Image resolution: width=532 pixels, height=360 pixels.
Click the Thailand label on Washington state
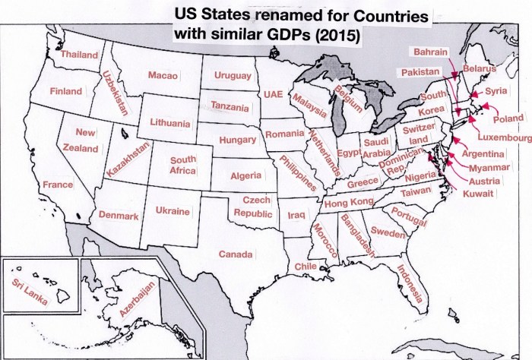coord(79,55)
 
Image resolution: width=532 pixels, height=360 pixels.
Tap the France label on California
coord(58,185)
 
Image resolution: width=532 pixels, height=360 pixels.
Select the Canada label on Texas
coord(235,254)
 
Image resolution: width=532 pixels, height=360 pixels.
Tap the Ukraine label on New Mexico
coord(172,212)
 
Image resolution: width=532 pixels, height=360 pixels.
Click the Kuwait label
coord(480,194)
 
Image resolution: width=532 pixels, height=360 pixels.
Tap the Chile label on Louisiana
coord(305,267)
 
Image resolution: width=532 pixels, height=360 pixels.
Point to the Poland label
coord(508,119)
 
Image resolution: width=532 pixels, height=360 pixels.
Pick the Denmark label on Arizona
coord(119,216)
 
